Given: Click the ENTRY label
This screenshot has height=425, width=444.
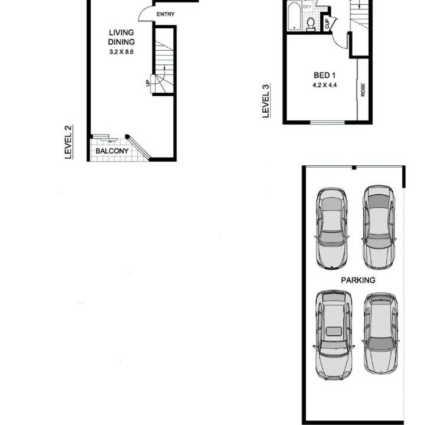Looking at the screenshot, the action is point(165,14).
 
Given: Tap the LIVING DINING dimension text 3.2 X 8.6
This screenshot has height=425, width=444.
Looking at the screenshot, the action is point(121,52).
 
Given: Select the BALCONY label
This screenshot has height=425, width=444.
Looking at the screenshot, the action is point(112,151).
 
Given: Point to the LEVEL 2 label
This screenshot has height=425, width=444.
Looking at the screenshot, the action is point(68,142).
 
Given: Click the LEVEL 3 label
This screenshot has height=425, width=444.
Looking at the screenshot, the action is point(266,101).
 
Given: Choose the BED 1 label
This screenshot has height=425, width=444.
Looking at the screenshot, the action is point(324,76).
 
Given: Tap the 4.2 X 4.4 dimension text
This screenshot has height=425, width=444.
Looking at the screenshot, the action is point(324,85).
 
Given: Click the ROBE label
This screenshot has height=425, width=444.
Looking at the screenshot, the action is point(363,90).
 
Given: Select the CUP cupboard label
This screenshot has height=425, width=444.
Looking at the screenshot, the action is point(327,24).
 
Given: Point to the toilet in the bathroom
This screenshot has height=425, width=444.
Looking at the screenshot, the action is point(311,24).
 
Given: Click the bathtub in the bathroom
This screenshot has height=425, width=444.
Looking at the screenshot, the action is point(295,16).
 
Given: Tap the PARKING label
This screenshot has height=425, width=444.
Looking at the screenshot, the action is point(358,280).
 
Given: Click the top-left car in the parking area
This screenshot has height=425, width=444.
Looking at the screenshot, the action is point(331,228).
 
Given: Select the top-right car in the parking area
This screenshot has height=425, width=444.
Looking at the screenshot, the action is point(379,227).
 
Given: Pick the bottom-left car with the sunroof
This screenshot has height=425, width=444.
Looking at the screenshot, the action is point(334,335).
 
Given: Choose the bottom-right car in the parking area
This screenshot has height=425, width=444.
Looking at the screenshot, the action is point(381,334).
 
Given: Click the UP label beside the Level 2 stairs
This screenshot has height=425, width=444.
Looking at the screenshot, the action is point(147,83).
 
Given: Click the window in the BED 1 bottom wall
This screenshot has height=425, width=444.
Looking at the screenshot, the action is point(328,122).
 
